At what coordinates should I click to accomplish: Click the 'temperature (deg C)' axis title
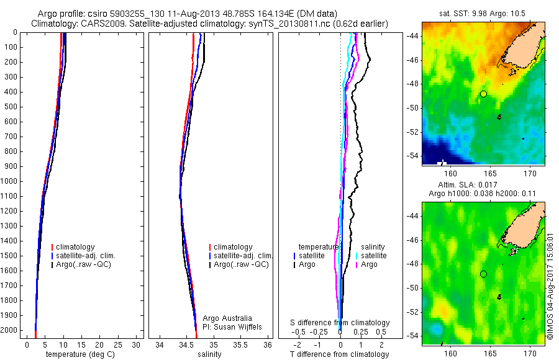click(78, 354)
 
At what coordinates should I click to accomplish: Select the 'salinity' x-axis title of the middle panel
click(209, 354)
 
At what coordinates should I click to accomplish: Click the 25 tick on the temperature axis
click(119, 344)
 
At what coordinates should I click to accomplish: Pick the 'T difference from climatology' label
click(340, 354)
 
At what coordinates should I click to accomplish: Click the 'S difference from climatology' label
click(340, 323)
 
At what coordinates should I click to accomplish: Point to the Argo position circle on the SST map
click(483, 94)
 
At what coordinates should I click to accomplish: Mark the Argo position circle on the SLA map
click(483, 274)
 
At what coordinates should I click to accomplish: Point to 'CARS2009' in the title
click(99, 24)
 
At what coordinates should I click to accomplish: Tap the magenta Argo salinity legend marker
click(357, 264)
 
